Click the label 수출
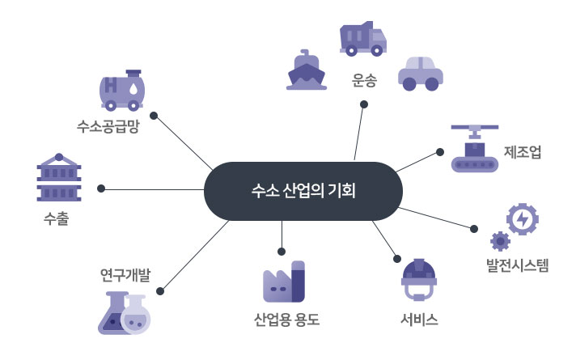point(57,218)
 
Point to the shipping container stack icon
point(58,178)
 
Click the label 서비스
point(419,319)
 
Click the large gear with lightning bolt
point(522,218)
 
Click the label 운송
point(365,80)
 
